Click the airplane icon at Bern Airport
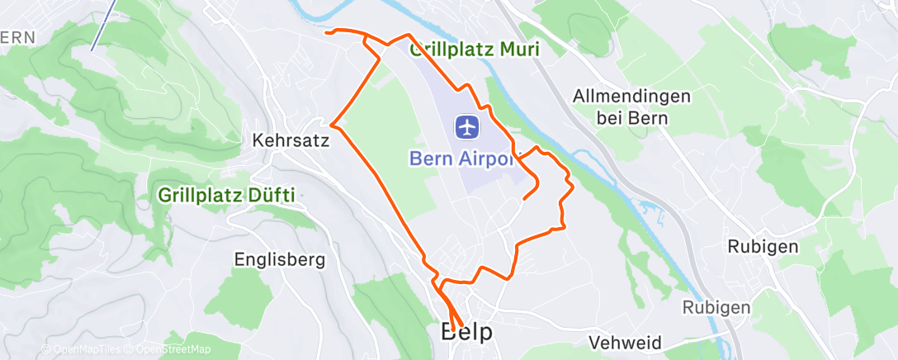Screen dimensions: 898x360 coord(467,127)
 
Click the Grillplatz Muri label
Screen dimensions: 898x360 coord(475,50)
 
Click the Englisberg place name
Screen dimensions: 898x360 coord(280,260)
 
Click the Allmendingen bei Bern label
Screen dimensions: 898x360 coord(631,107)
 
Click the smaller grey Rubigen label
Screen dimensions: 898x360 coord(716,307)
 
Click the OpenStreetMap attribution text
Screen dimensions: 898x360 coord(169,350)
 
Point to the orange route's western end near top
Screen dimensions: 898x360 coord(327,32)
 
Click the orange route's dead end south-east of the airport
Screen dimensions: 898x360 coord(525,198)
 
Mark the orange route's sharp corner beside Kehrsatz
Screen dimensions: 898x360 coord(332,122)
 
